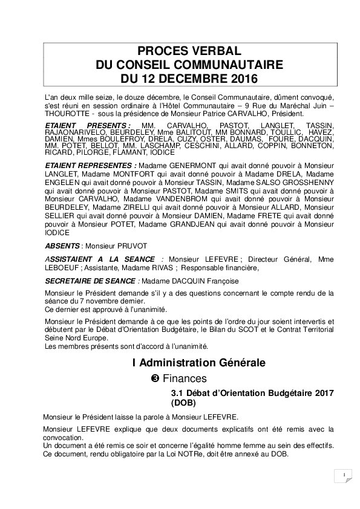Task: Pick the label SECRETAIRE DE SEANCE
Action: pos(91,280)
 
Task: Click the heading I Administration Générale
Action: pos(198,363)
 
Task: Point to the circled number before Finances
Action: pos(154,378)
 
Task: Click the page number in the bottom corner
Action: pos(342,475)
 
